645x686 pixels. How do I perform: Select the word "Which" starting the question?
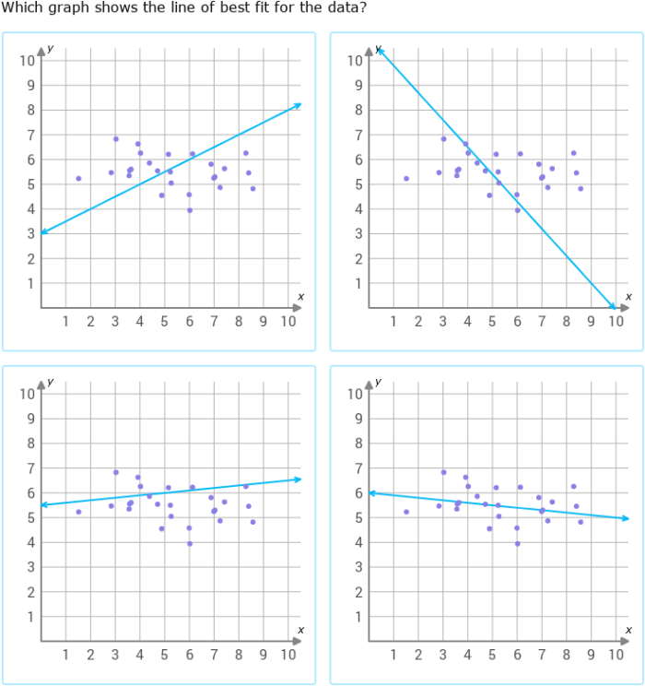pos(22,8)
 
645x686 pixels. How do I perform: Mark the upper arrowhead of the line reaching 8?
pos(299,105)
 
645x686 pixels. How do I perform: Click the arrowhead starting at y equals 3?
pos(42,231)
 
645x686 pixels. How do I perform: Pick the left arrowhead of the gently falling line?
pos(370,493)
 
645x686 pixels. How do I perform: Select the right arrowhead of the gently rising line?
pos(299,479)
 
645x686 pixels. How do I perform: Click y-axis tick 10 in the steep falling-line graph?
pos(355,61)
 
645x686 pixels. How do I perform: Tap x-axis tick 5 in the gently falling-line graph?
pos(492,655)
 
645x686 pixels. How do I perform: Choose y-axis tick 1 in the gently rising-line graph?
pos(31,616)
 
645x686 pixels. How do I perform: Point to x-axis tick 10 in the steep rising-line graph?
pos(287,321)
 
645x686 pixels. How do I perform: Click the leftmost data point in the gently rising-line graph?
pos(78,512)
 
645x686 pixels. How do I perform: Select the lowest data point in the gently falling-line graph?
pos(517,543)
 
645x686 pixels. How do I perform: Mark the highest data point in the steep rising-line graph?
pos(115,139)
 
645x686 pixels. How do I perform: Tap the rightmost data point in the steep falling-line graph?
pos(580,188)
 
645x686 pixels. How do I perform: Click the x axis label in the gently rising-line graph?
pos(300,630)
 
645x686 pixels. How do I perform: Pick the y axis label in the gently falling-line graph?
pos(378,381)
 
